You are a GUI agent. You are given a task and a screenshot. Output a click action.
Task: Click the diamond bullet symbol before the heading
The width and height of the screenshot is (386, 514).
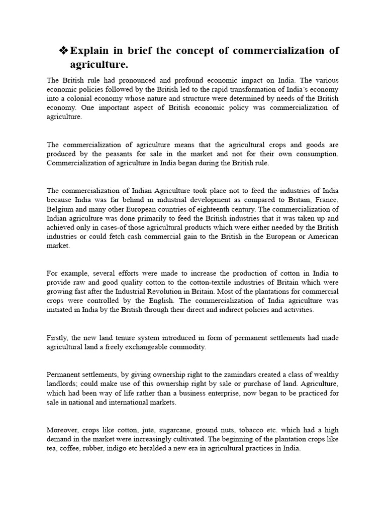63,51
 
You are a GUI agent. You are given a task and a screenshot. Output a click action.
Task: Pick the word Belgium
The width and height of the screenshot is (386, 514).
60,209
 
